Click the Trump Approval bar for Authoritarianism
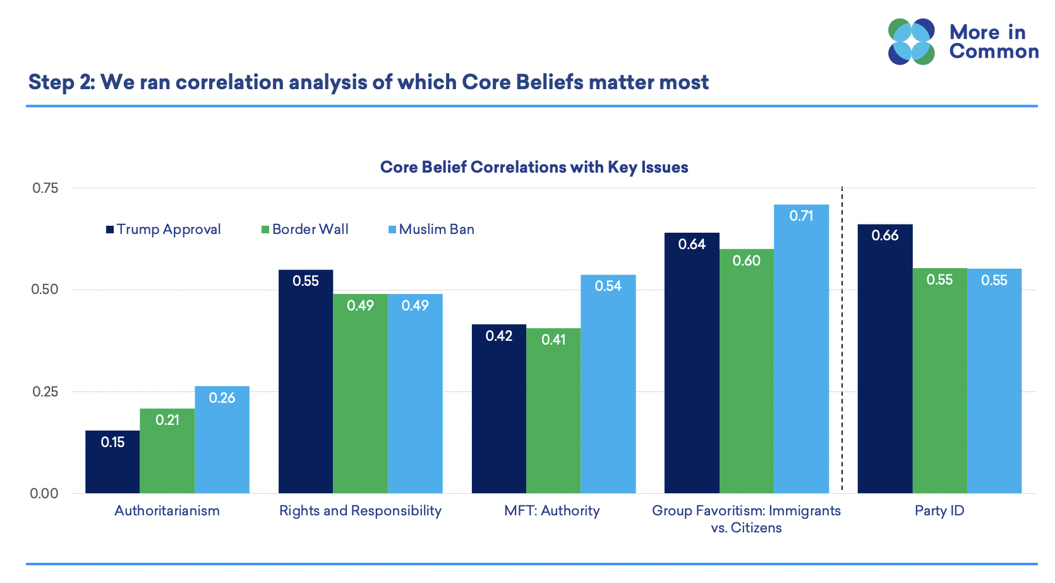click(112, 462)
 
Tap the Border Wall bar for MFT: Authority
click(553, 410)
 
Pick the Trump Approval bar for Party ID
click(884, 359)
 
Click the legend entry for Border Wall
click(305, 230)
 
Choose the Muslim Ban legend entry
click(431, 230)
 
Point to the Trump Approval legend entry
click(164, 230)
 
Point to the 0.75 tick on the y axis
click(45, 188)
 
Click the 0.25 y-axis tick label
click(45, 392)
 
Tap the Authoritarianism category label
click(167, 511)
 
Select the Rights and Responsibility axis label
click(360, 511)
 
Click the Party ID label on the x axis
click(939, 511)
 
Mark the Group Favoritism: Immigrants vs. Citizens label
click(746, 519)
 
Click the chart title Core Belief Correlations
click(534, 167)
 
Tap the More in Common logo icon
click(911, 42)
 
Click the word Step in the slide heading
click(52, 82)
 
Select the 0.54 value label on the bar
click(608, 286)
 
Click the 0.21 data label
click(167, 420)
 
